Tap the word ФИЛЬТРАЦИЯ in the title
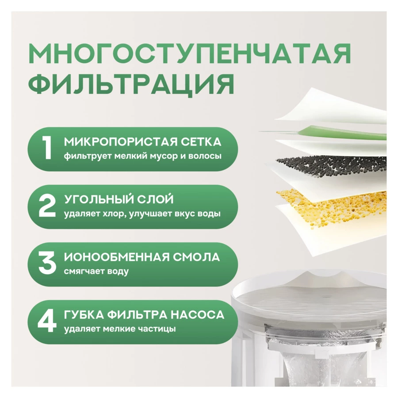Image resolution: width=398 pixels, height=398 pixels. coord(131,84)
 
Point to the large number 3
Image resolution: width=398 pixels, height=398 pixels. coord(47,264)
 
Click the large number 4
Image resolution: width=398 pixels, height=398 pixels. coord(47,321)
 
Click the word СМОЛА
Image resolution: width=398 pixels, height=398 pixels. coord(196,257)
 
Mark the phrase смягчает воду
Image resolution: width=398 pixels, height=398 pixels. coord(96,272)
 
